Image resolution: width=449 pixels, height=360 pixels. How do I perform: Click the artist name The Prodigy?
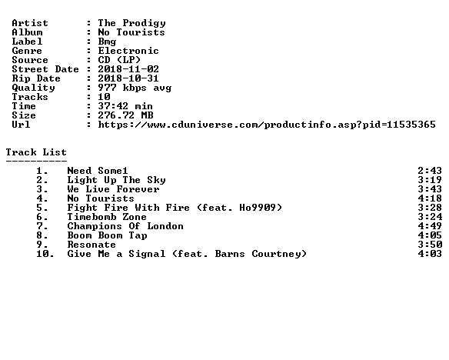pyautogui.click(x=131, y=23)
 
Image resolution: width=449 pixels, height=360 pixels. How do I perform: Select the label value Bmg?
pyautogui.click(x=107, y=42)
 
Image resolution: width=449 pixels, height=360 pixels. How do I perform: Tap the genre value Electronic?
pyautogui.click(x=128, y=51)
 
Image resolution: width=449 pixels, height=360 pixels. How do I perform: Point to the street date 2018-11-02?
pyautogui.click(x=128, y=69)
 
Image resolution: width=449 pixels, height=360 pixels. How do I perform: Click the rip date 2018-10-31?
pyautogui.click(x=128, y=78)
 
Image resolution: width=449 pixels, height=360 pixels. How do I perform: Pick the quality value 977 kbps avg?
pyautogui.click(x=135, y=88)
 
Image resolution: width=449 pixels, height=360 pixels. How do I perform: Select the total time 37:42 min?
pyautogui.click(x=125, y=106)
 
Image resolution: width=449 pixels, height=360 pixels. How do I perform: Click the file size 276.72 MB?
pyautogui.click(x=126, y=115)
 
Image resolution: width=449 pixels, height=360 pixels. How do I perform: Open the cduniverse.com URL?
pyautogui.click(x=267, y=125)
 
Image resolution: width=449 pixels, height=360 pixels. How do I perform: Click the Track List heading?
pyautogui.click(x=36, y=152)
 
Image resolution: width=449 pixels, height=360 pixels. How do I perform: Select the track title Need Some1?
pyautogui.click(x=98, y=171)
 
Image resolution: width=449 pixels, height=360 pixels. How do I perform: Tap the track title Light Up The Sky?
pyautogui.click(x=117, y=180)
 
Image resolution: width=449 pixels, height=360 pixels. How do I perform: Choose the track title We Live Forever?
pyautogui.click(x=113, y=189)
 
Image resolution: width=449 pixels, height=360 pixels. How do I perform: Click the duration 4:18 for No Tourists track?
pyautogui.click(x=430, y=198)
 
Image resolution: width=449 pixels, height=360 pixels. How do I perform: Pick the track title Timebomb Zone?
pyautogui.click(x=107, y=217)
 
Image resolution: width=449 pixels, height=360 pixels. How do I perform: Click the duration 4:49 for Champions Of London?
pyautogui.click(x=430, y=226)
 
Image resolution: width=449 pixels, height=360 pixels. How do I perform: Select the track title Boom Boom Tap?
pyautogui.click(x=108, y=235)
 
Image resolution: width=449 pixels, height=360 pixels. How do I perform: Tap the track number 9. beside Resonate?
pyautogui.click(x=42, y=245)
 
